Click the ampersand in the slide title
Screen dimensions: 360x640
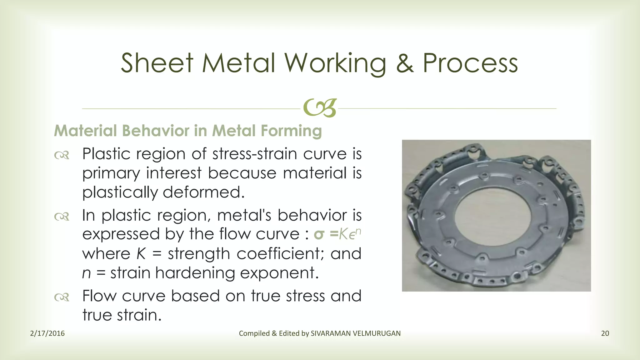click(405, 63)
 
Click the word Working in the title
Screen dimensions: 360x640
click(335, 64)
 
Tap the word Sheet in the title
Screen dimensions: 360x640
click(157, 63)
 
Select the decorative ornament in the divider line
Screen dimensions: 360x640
click(320, 108)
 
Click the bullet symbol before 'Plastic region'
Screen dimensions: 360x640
click(62, 155)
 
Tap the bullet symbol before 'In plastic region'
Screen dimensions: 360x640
click(62, 216)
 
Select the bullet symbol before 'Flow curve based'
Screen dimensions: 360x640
click(62, 297)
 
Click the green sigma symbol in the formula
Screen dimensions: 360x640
click(319, 234)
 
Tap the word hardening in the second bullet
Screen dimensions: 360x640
click(195, 273)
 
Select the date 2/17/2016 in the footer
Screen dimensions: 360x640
click(47, 333)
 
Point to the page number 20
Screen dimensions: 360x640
click(605, 333)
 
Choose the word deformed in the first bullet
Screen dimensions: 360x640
click(203, 192)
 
